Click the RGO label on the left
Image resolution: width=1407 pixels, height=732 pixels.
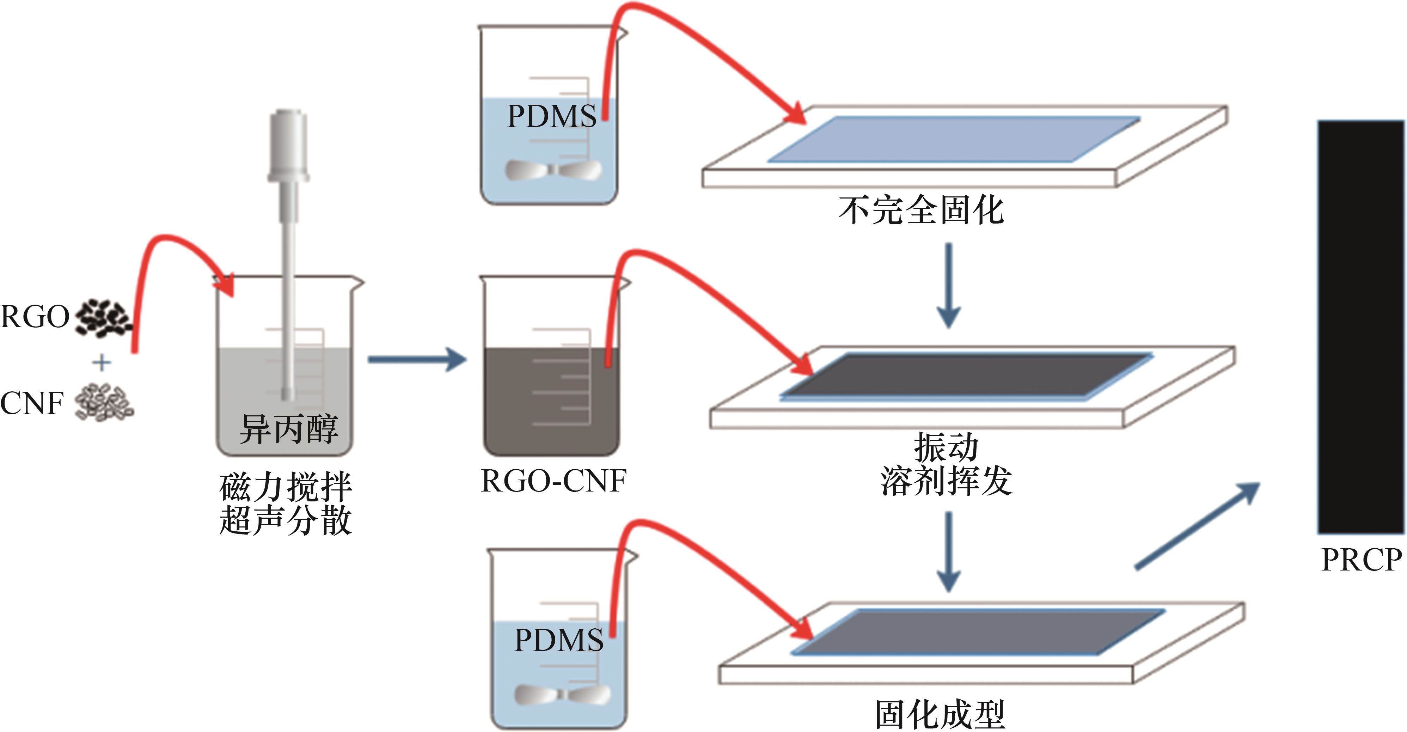[35, 317]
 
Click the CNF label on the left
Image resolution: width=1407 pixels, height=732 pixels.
[32, 404]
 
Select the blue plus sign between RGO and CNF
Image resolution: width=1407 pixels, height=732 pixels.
[102, 362]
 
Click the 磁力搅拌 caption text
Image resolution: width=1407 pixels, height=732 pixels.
[286, 487]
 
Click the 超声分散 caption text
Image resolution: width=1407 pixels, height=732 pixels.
[286, 520]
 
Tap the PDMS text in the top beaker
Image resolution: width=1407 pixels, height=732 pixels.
[552, 116]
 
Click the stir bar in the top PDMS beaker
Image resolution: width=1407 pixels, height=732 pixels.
[553, 170]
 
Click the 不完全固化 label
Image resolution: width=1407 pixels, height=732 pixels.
[921, 210]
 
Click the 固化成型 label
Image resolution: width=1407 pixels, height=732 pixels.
[940, 714]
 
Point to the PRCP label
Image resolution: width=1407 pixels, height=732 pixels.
[1362, 560]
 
